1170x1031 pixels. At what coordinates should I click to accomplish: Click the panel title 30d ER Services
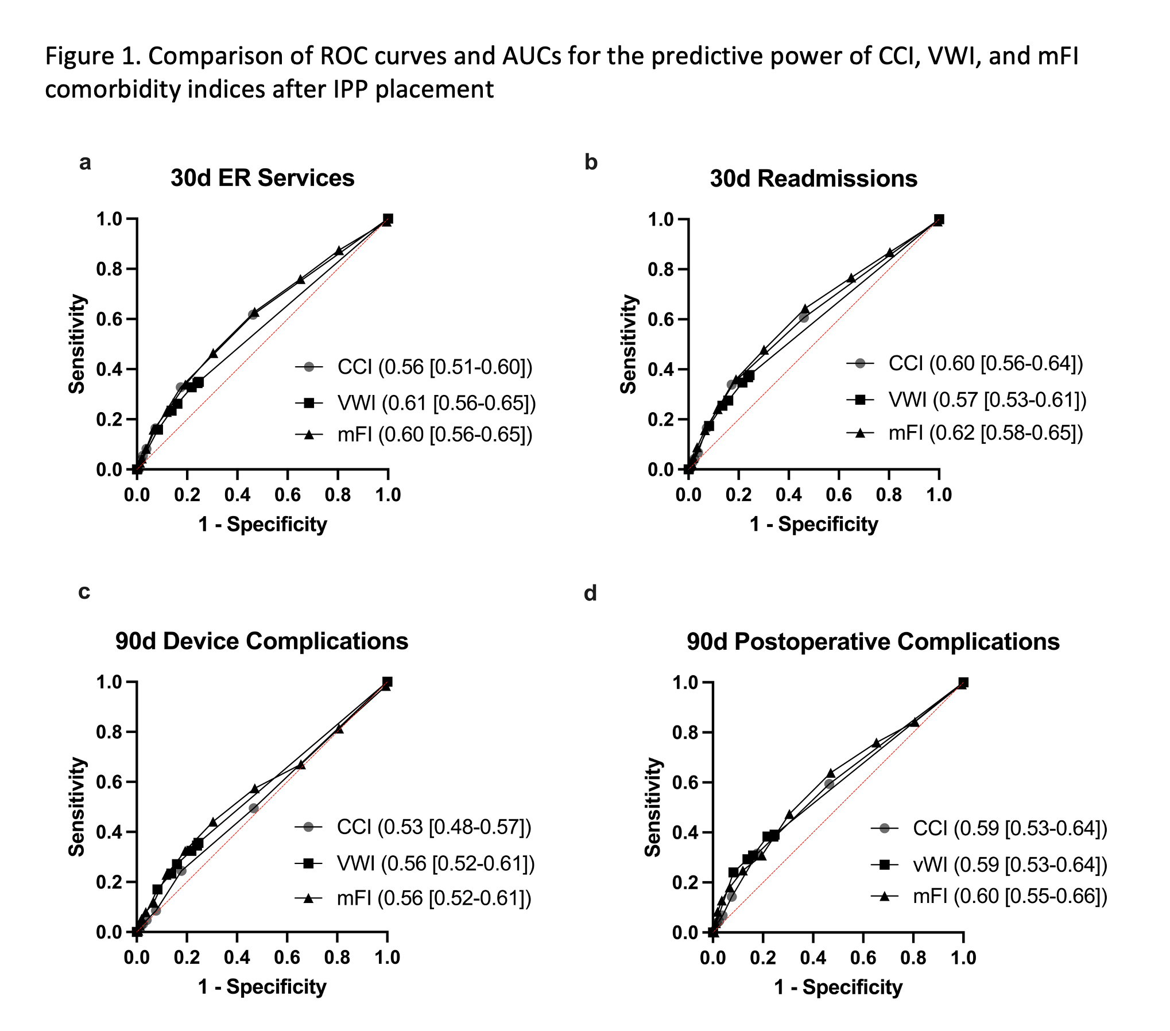[x=262, y=178]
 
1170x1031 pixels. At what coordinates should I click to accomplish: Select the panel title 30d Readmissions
[x=813, y=179]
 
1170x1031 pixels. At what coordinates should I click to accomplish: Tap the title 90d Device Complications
[x=262, y=641]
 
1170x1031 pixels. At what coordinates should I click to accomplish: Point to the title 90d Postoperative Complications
[x=873, y=642]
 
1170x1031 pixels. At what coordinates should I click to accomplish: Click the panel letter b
[x=591, y=162]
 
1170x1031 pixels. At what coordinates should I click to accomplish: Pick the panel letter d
[x=590, y=593]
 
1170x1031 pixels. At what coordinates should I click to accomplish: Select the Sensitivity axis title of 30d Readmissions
[x=629, y=344]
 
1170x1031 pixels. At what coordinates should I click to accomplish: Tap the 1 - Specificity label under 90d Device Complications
[x=262, y=986]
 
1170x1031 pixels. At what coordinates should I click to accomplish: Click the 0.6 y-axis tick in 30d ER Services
[x=109, y=319]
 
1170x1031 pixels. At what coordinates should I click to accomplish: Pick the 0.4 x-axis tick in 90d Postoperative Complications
[x=813, y=958]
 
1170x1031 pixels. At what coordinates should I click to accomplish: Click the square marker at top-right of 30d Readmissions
[x=939, y=219]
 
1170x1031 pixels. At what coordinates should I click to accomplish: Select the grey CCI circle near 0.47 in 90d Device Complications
[x=253, y=808]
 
